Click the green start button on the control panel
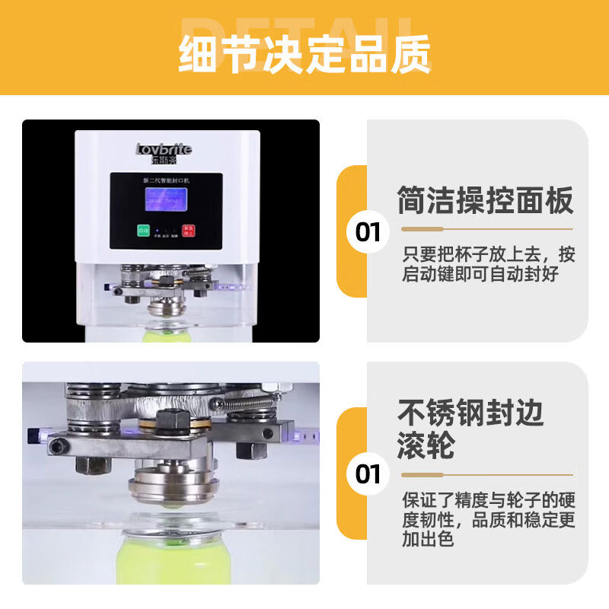point(142,230)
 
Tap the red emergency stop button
point(189,230)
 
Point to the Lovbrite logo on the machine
point(164,149)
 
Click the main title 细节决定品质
point(304,53)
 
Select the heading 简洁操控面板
point(485,202)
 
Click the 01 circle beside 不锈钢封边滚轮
point(368,473)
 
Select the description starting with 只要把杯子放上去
point(488,264)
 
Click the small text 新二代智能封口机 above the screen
point(166,179)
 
